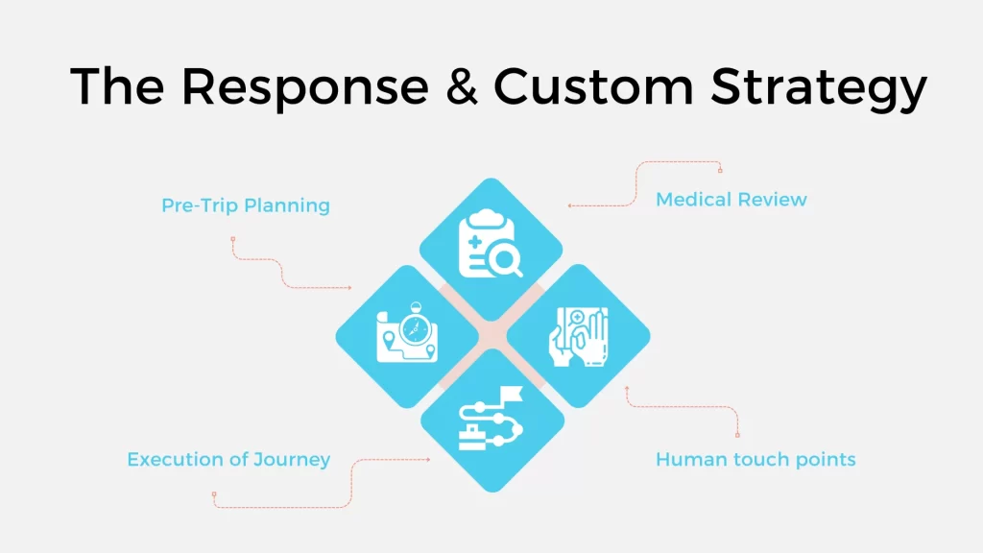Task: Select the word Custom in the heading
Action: point(593,87)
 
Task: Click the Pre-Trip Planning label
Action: point(246,205)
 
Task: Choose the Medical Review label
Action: point(731,200)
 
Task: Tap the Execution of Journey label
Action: point(228,459)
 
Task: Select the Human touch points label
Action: point(755,459)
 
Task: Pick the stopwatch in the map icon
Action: point(413,325)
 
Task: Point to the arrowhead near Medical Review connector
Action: point(569,205)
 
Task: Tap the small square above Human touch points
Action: point(737,435)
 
